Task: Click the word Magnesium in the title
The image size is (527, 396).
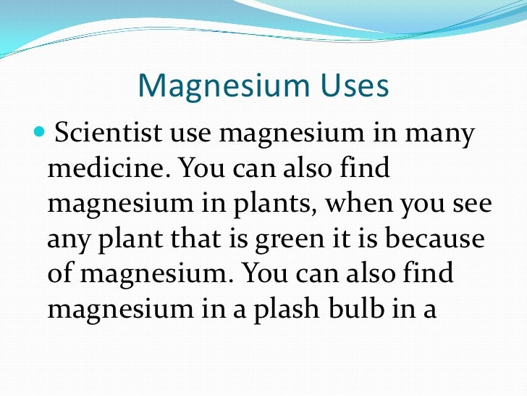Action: pyautogui.click(x=211, y=87)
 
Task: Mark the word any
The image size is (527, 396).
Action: pyautogui.click(x=68, y=239)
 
